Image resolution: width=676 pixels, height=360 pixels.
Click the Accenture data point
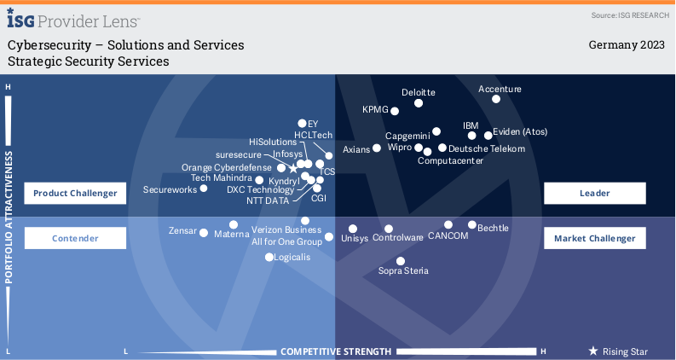(496, 99)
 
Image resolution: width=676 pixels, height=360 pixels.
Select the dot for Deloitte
(419, 103)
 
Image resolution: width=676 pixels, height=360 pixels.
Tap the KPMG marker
(395, 111)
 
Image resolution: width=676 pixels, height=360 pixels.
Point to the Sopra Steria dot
(401, 261)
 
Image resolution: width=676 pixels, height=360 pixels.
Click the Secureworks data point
(203, 189)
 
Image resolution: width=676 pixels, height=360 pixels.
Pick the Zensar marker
(203, 232)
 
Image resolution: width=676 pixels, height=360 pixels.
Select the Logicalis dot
(269, 257)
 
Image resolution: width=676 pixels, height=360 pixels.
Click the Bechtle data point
(472, 225)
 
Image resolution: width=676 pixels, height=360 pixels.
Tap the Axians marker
(377, 148)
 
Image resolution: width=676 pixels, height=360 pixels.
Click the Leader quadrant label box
(595, 194)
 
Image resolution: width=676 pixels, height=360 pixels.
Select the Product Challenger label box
(75, 194)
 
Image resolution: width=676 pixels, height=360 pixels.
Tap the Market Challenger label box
(595, 239)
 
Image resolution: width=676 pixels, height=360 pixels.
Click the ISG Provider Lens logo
(74, 16)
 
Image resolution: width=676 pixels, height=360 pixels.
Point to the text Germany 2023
(627, 44)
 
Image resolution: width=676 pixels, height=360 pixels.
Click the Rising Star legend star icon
(593, 351)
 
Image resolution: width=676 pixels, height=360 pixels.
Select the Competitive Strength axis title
(336, 351)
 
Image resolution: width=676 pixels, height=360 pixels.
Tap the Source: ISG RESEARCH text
(629, 15)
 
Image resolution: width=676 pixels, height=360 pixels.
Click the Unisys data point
(353, 229)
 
